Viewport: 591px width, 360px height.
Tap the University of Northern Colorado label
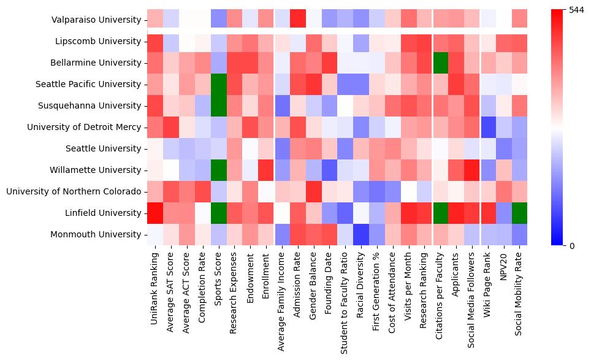pyautogui.click(x=74, y=192)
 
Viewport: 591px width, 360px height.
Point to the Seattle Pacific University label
pyautogui.click(x=88, y=85)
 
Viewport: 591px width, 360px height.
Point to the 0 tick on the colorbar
pyautogui.click(x=572, y=246)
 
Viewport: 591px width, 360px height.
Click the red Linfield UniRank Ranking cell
pyautogui.click(x=155, y=213)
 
